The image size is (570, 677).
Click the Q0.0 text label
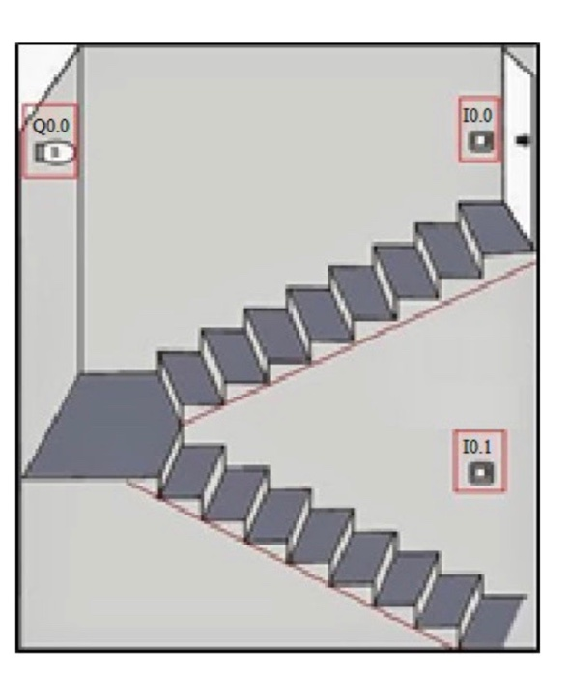49,125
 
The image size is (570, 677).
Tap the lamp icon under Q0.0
52,153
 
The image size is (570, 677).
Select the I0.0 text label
478,116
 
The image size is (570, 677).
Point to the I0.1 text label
478,447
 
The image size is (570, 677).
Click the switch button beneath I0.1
480,473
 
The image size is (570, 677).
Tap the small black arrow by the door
525,141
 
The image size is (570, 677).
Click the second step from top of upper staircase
448,247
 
